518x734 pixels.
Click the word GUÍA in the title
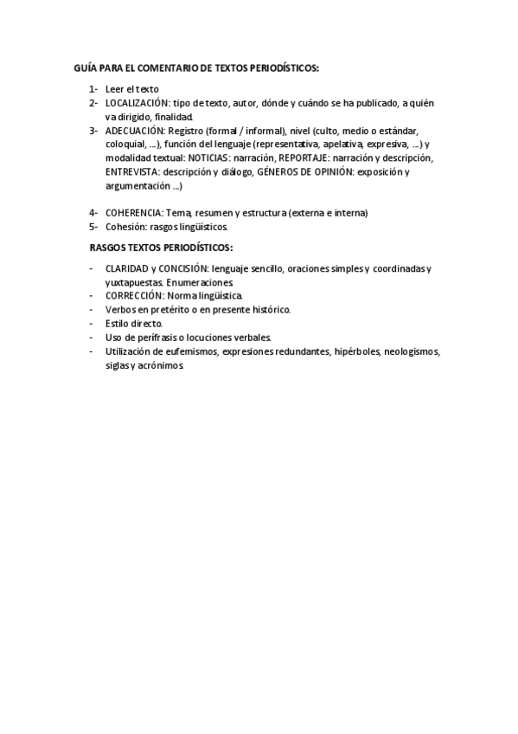click(85, 67)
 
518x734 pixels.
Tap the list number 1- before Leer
click(93, 89)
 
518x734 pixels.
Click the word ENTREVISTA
click(131, 172)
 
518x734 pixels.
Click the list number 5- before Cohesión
click(93, 227)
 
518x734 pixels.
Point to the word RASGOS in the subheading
click(107, 248)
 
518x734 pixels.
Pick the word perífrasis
click(152, 338)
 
